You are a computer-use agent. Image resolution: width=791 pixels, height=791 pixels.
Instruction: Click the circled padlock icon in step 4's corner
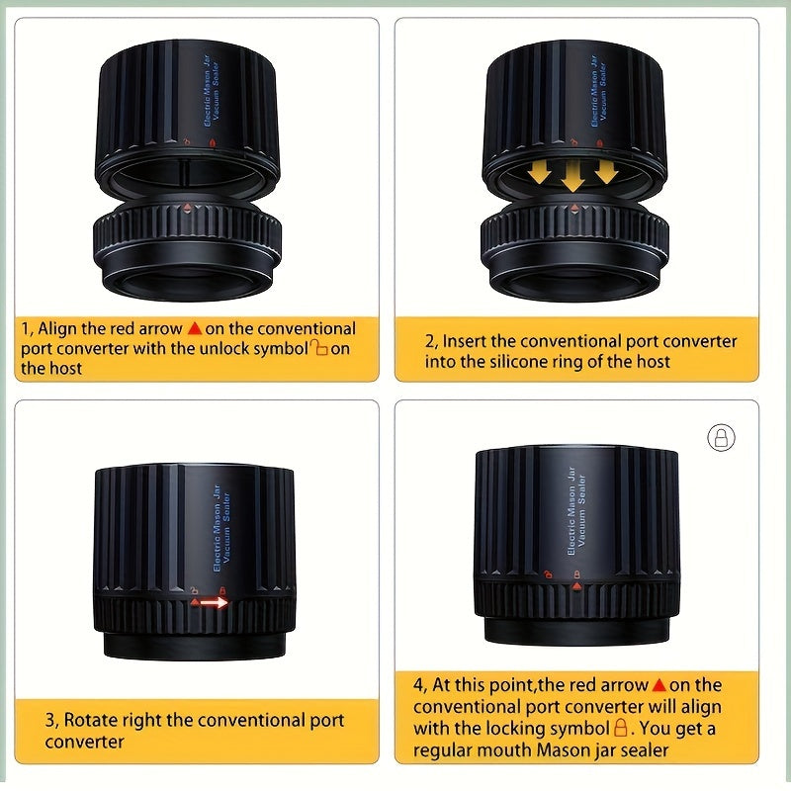(x=722, y=437)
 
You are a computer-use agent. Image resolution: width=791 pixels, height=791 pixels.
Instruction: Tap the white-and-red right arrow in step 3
(x=214, y=602)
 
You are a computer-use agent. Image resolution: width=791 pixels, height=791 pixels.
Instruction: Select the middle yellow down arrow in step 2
(x=573, y=177)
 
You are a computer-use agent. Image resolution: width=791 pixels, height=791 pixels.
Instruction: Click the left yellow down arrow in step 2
(x=540, y=172)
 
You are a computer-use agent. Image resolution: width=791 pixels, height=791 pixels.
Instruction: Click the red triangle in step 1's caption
(x=195, y=328)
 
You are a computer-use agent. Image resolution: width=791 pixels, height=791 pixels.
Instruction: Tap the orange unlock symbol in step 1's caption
(x=318, y=347)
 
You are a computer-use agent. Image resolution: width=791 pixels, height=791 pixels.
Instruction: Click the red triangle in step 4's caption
(x=659, y=685)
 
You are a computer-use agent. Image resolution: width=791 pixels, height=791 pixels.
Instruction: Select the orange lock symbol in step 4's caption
(x=621, y=728)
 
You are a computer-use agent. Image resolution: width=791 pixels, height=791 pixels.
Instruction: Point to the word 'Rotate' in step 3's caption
(x=85, y=720)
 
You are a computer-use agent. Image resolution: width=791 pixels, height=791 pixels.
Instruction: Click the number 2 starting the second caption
(x=429, y=341)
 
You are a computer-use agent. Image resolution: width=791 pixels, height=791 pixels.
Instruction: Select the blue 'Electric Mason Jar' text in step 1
(x=207, y=91)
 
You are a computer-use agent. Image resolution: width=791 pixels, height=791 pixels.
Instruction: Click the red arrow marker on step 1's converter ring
(x=187, y=207)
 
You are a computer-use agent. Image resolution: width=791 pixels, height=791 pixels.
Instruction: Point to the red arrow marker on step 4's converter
(x=577, y=586)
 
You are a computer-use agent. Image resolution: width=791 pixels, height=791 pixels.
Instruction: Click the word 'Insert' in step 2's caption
(x=464, y=341)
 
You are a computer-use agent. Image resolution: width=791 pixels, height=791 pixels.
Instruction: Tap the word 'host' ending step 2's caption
(x=654, y=362)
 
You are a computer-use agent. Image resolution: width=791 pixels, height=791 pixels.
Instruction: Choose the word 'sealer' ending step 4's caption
(x=645, y=750)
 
